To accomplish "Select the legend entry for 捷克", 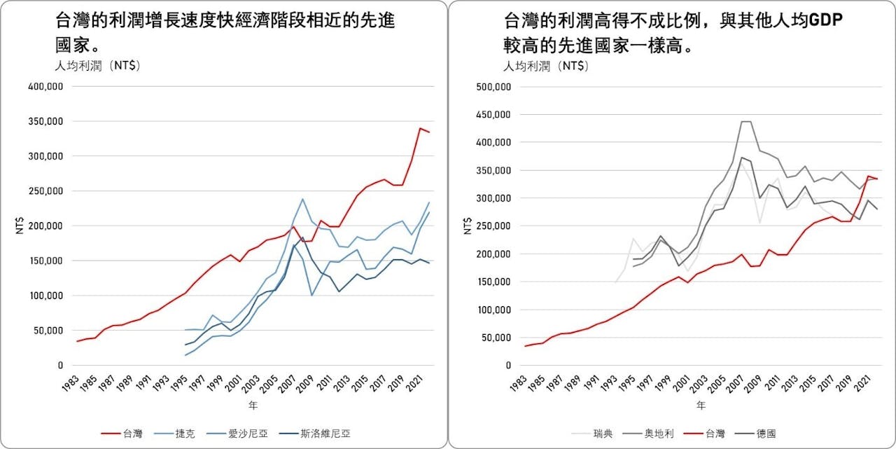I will pos(184,434).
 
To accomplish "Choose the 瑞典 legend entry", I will pos(603,434).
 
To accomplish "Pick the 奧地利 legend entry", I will pos(659,434).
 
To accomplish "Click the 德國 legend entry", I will pos(766,434).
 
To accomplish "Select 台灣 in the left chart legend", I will pos(132,434).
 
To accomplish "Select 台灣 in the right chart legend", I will pos(715,434).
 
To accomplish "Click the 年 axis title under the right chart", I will pos(701,406).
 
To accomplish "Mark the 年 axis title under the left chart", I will pos(253,406).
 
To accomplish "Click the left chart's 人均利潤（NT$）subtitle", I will pos(97,67).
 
